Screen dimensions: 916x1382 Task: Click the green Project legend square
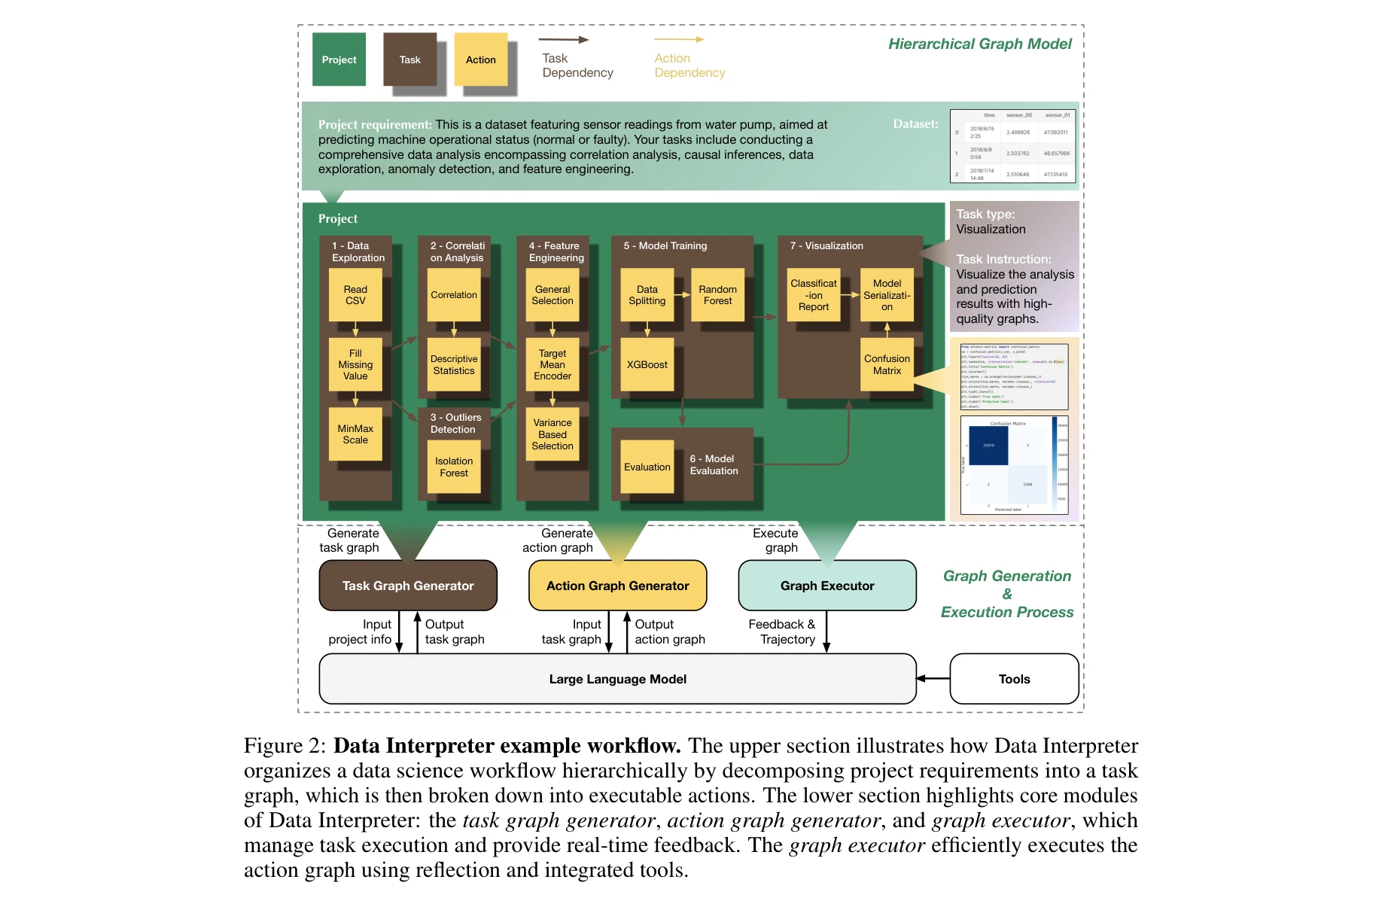pos(339,59)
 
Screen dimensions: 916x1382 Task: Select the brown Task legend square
pos(409,59)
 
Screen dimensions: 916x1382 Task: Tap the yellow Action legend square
pos(480,59)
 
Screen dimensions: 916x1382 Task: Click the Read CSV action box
pos(355,295)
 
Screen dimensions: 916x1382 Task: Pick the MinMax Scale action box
pos(355,434)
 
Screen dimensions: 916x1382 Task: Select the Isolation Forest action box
pos(454,467)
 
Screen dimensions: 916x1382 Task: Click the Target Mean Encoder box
pos(552,364)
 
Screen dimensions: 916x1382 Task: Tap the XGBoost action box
pos(647,364)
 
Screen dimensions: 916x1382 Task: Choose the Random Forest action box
pos(717,295)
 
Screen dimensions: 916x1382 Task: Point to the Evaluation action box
pos(647,467)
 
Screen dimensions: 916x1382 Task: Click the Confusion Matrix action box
pos(887,364)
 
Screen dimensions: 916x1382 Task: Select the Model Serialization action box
pos(887,295)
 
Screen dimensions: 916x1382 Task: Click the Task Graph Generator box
pos(408,586)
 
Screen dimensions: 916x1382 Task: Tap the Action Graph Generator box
pos(617,586)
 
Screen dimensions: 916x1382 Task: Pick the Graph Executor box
pos(827,586)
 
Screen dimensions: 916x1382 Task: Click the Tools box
pos(1014,679)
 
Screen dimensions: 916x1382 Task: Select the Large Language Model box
pos(617,679)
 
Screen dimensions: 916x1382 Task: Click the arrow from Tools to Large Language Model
pos(933,679)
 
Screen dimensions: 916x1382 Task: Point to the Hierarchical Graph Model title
pos(979,44)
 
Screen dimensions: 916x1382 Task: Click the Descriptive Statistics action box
pos(454,364)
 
